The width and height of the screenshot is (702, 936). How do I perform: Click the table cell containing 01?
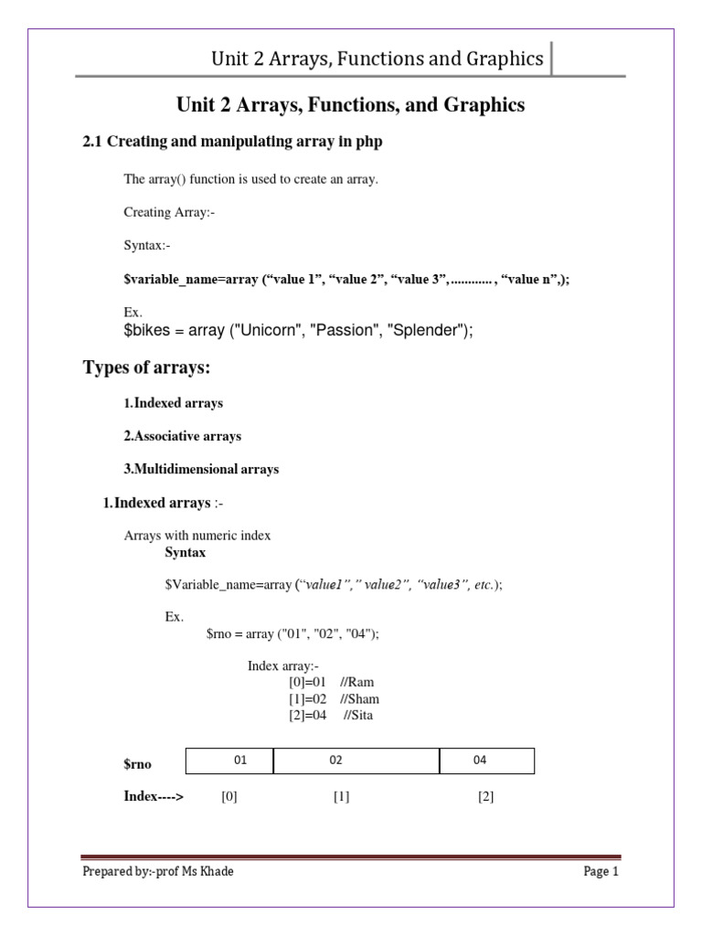click(229, 760)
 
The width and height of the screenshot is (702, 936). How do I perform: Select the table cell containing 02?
click(356, 760)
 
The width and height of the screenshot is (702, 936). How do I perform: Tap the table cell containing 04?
click(486, 760)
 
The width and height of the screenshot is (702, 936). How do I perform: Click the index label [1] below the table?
click(341, 796)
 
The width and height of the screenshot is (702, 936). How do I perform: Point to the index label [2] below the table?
click(485, 796)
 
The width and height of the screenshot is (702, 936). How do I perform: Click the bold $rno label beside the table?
click(137, 762)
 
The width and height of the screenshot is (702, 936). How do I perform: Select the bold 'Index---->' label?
click(154, 796)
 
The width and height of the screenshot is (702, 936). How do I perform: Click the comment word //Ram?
click(356, 682)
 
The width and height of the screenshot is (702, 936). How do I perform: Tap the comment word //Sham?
click(359, 698)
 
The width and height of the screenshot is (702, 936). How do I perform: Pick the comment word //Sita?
click(358, 715)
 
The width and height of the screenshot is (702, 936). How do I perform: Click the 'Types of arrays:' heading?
click(147, 367)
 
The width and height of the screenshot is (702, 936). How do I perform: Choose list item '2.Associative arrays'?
click(183, 436)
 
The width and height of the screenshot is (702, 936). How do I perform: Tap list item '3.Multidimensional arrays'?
click(201, 469)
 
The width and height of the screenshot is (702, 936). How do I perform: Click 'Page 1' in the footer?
click(601, 871)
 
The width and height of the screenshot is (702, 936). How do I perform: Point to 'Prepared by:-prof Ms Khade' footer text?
click(158, 871)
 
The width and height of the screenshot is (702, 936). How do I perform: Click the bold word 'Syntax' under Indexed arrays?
click(185, 552)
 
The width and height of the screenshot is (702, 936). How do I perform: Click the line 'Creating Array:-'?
click(169, 212)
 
